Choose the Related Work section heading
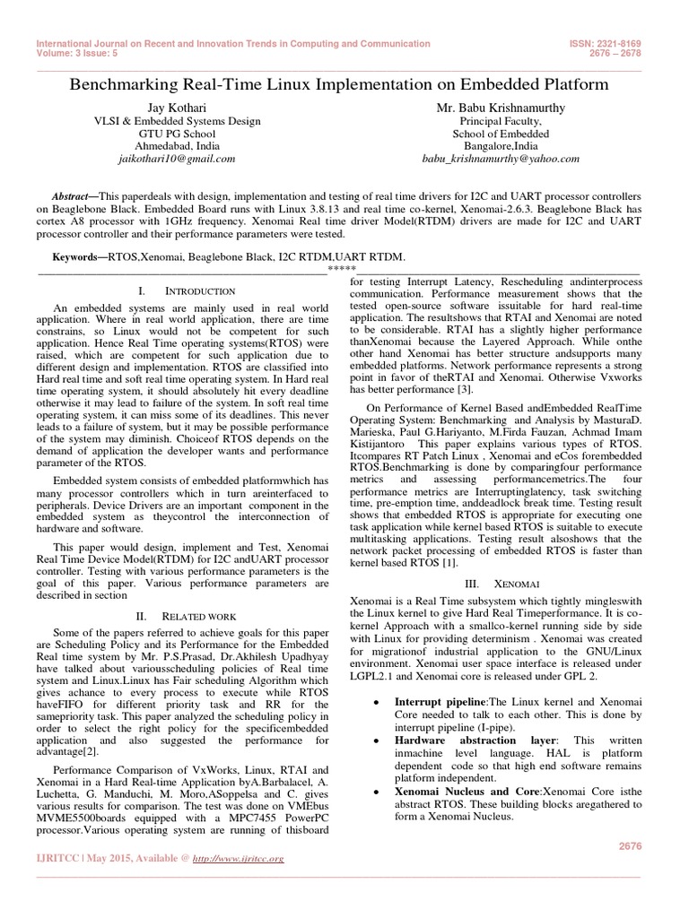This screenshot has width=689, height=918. (185, 617)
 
